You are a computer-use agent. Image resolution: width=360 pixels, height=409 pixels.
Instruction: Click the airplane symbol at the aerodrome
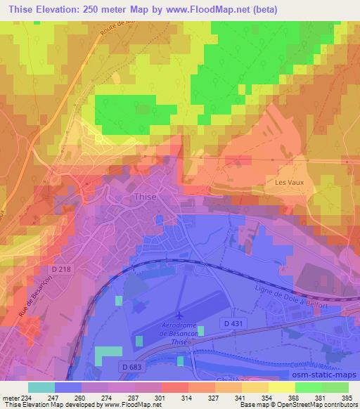(179, 318)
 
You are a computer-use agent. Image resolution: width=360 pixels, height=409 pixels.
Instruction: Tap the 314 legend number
(188, 397)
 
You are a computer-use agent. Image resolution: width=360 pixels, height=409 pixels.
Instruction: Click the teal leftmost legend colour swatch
(41, 387)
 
